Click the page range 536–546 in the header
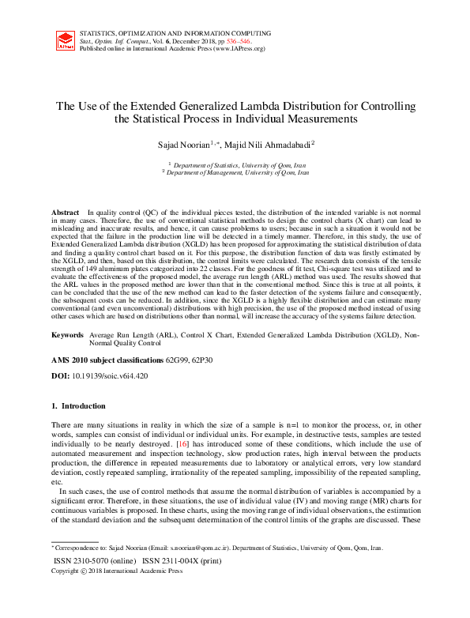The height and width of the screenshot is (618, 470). [x=239, y=40]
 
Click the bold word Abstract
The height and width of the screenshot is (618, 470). [x=66, y=213]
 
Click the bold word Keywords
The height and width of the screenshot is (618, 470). [x=67, y=336]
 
